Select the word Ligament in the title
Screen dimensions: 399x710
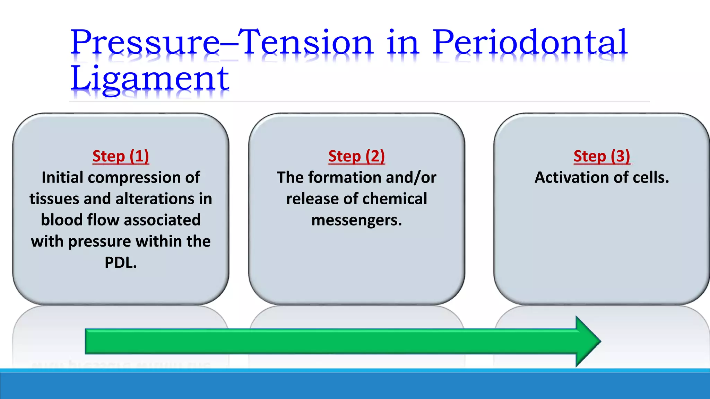(x=149, y=79)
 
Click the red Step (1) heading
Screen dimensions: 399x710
(x=121, y=156)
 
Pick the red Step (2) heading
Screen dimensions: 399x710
(x=356, y=156)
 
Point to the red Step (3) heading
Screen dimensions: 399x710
(x=601, y=156)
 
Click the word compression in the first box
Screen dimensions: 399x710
(x=135, y=178)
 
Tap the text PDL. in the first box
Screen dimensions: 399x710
(x=121, y=263)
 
